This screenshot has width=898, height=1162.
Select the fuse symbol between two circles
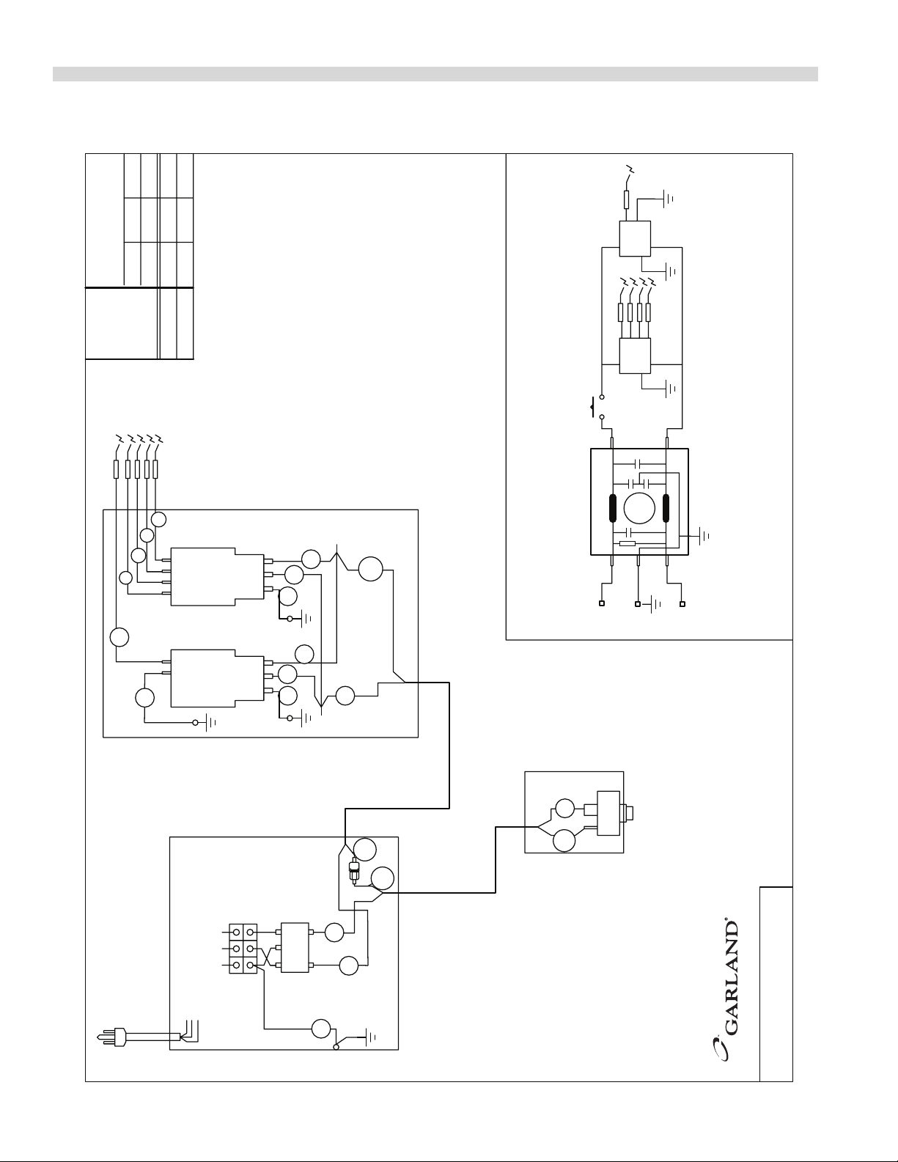[355, 870]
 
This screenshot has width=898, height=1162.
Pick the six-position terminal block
[243, 949]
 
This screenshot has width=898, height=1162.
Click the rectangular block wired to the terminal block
[295, 948]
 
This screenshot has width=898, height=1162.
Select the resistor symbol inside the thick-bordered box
[627, 543]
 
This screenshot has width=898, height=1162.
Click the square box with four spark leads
[635, 356]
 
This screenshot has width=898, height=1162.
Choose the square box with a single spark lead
[635, 238]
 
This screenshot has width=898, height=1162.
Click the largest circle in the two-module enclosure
[371, 569]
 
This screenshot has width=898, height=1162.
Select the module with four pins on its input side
[216, 576]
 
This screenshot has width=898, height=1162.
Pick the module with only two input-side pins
[216, 678]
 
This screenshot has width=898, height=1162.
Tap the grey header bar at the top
[435, 74]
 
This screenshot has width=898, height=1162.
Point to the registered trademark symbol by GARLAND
[726, 917]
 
